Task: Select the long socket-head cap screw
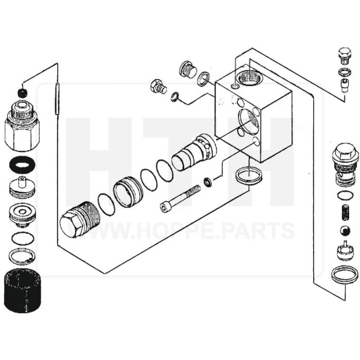(x=180, y=199)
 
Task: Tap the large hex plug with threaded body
(x=80, y=220)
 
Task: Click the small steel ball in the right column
(x=345, y=231)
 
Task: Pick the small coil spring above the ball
(x=345, y=212)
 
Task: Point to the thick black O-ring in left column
(x=22, y=165)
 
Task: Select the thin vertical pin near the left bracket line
(x=57, y=99)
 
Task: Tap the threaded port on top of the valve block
(x=249, y=77)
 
